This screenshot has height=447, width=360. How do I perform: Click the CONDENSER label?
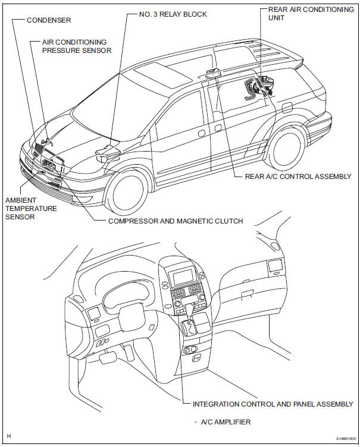coord(49,20)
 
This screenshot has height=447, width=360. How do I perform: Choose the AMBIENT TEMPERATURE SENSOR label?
coord(31,209)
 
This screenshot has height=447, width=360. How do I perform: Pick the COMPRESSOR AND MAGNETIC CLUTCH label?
coord(167,221)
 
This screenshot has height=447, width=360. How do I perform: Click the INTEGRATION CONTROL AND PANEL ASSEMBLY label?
coord(273,404)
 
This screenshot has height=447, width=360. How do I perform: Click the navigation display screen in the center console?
coord(184,276)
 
